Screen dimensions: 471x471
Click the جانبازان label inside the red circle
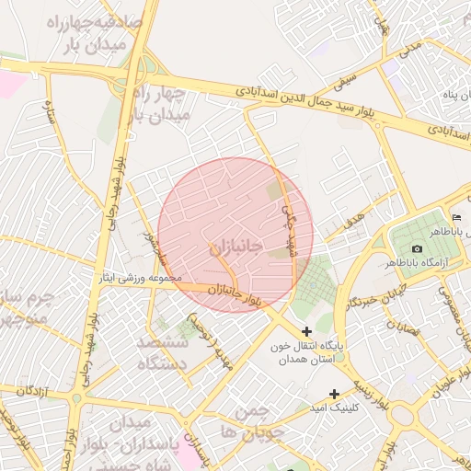(235, 248)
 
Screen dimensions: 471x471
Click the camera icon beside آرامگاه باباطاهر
(417, 248)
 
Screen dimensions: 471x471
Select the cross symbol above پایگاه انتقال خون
(306, 331)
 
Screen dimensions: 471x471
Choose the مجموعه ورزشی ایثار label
(144, 278)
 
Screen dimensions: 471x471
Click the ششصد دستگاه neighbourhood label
(163, 351)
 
